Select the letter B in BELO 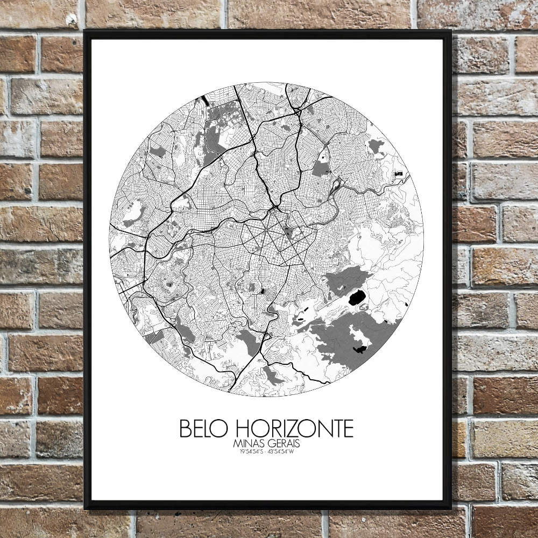[x=185, y=429]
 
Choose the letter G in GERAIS [x=270, y=444]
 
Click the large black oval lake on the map [x=356, y=296]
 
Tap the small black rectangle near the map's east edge [x=399, y=174]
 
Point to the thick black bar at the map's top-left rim [x=205, y=100]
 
